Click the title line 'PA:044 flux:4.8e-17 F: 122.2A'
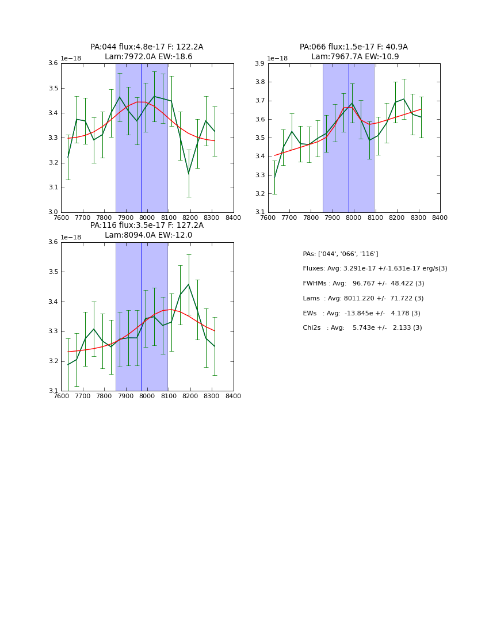click(x=147, y=47)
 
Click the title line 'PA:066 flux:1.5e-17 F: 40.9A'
click(x=353, y=47)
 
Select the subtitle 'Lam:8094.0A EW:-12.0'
click(x=148, y=235)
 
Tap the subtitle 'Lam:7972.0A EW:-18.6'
click(x=148, y=57)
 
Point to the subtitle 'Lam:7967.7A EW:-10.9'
click(x=355, y=57)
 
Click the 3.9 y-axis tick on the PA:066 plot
click(x=259, y=64)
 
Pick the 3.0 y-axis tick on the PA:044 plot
click(x=52, y=212)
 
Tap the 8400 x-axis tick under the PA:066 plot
click(x=440, y=218)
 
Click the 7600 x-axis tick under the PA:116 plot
click(x=61, y=396)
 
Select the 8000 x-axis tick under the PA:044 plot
click(x=147, y=218)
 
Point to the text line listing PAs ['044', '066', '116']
click(x=340, y=254)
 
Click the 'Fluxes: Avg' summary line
click(x=375, y=269)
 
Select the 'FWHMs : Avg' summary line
click(x=363, y=284)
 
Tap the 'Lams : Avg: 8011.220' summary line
click(x=363, y=299)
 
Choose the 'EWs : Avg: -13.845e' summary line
click(x=361, y=314)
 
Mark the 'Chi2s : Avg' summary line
click(x=362, y=328)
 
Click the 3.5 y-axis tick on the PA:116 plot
click(x=52, y=272)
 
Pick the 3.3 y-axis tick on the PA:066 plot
click(x=259, y=175)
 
